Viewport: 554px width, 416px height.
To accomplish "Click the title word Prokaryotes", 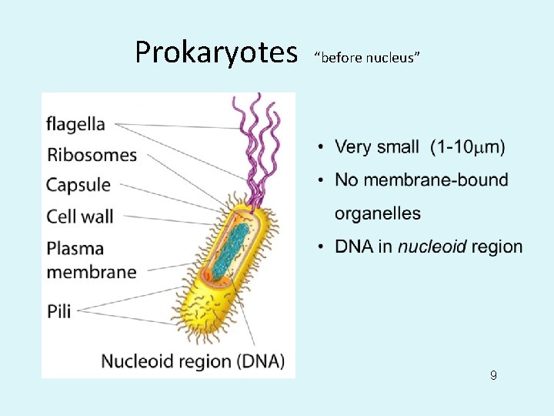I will (215, 52).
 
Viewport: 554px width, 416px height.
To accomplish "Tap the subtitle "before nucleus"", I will (367, 58).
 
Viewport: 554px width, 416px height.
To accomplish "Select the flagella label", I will (75, 123).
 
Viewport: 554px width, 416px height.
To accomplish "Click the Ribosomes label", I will (92, 154).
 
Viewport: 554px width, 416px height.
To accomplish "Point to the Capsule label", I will (78, 186).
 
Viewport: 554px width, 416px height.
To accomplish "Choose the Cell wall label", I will (79, 216).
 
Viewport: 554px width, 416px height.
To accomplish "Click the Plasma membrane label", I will (91, 260).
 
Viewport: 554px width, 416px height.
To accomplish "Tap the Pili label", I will (58, 311).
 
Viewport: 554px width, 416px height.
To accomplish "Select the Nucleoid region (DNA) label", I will (193, 361).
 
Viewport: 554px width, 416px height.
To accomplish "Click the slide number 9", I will (493, 376).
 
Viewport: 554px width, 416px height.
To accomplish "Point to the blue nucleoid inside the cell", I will (235, 247).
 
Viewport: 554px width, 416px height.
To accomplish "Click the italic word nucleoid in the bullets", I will (432, 247).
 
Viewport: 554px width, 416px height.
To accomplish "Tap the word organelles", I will (378, 213).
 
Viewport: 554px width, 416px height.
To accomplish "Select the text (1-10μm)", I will (468, 146).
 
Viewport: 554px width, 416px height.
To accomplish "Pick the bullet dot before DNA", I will (319, 247).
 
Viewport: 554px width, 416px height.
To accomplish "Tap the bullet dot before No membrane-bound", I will (319, 180).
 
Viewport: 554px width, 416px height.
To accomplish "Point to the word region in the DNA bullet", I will (497, 247).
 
